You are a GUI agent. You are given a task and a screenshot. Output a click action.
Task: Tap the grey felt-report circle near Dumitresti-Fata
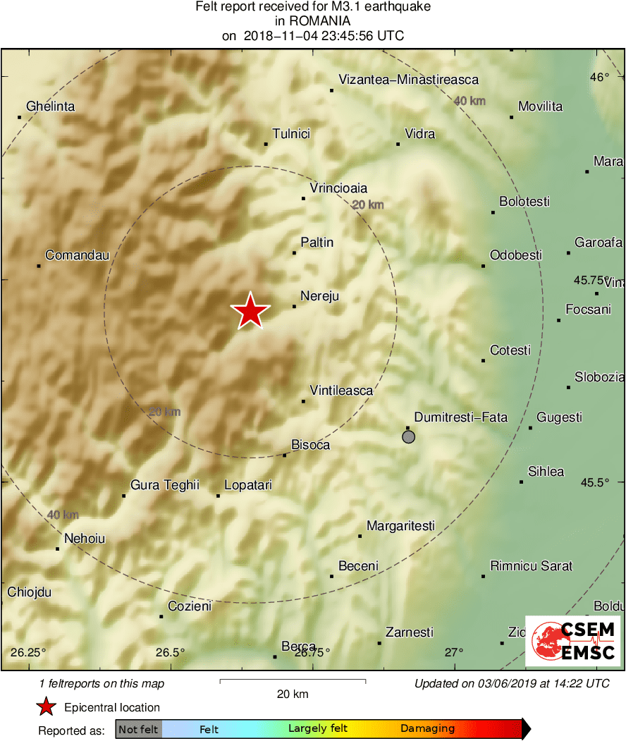tap(408, 437)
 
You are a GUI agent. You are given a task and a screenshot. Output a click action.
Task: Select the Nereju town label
tap(319, 296)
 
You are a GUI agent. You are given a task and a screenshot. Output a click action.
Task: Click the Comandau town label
tap(77, 255)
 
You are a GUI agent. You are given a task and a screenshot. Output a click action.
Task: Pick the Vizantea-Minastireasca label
tap(408, 80)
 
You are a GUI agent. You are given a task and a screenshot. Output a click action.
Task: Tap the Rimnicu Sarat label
tap(531, 565)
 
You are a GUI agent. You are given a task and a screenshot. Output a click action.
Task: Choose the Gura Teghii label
tap(164, 485)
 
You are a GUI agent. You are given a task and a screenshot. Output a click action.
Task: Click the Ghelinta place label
tap(50, 106)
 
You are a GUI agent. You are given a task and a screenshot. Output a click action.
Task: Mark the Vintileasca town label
tap(341, 391)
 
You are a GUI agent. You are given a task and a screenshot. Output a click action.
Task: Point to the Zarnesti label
tap(409, 632)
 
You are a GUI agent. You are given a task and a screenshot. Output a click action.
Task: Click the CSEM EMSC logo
tap(573, 640)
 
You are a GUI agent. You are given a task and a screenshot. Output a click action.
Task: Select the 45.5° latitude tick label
tap(594, 482)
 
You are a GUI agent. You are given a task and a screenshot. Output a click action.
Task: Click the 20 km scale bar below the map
tap(293, 681)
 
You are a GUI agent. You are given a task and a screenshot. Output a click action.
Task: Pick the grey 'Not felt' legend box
tap(138, 729)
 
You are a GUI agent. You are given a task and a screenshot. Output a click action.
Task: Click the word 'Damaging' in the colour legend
tap(427, 729)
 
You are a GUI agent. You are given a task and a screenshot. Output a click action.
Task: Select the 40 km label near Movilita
tap(469, 102)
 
